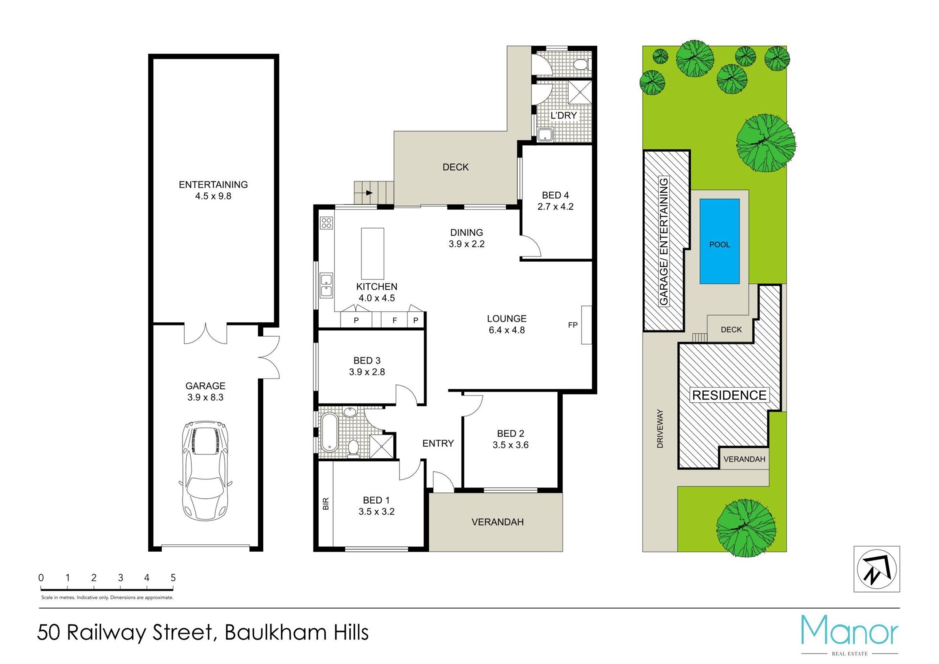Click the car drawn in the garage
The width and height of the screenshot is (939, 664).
click(x=205, y=471)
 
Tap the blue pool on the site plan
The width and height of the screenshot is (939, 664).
click(x=719, y=241)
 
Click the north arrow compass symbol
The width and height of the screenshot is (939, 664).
click(x=877, y=569)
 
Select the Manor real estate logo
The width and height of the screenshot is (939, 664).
click(x=850, y=635)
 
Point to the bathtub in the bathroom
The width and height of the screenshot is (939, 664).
click(x=329, y=432)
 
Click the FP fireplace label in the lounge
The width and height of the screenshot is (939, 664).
click(x=573, y=325)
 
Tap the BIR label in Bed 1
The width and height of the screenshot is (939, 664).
click(x=326, y=504)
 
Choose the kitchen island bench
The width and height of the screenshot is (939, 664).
click(x=373, y=253)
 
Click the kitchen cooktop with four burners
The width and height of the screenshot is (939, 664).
click(x=327, y=223)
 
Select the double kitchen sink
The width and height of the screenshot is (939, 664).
click(x=326, y=286)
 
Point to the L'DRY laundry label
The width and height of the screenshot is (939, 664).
click(x=564, y=115)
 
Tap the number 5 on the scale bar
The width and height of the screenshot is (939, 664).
click(x=173, y=578)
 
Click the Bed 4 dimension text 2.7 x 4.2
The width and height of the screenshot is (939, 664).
click(x=556, y=206)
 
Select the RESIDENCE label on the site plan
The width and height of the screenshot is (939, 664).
click(x=729, y=395)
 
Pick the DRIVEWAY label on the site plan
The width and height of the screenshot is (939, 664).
click(x=660, y=429)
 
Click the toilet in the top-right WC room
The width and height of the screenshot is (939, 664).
click(x=581, y=64)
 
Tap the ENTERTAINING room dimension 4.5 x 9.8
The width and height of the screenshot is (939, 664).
click(x=213, y=196)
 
